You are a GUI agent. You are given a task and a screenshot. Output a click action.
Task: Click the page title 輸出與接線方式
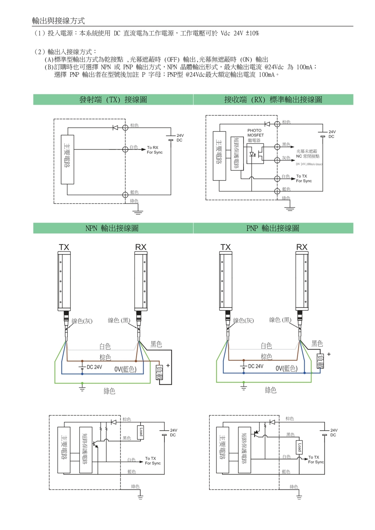pos(58,20)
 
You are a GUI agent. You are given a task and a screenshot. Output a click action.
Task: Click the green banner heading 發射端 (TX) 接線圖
pos(113,100)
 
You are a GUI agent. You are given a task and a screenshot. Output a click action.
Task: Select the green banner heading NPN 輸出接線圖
pos(112,228)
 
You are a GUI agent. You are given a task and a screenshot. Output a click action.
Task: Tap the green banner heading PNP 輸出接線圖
pos(273,228)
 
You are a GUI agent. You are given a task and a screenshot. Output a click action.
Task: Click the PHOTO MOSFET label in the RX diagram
pos(255,133)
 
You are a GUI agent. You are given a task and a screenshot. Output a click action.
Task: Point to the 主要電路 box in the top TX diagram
pos(67,159)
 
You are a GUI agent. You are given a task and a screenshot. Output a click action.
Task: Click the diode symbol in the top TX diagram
pos(115,127)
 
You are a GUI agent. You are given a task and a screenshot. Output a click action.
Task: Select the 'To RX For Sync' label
pos(155,150)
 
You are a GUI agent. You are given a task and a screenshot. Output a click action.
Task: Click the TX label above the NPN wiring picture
pos(64,247)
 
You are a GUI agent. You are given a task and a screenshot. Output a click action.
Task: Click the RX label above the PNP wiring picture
pos(302,247)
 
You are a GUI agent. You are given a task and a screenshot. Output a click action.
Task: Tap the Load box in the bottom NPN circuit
pos(141,432)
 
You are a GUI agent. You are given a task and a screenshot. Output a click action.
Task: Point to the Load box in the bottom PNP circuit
pos(300,447)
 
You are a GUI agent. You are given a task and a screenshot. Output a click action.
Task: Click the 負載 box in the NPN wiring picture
pos(159,373)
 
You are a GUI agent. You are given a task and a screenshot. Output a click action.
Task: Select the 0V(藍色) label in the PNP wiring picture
pos(286,368)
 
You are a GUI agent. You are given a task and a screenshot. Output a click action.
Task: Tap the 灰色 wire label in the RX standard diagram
pos(286,158)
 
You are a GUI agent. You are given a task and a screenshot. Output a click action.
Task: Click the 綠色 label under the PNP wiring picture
pos(271,390)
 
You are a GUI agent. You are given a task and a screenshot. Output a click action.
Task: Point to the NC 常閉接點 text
pos(308,156)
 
